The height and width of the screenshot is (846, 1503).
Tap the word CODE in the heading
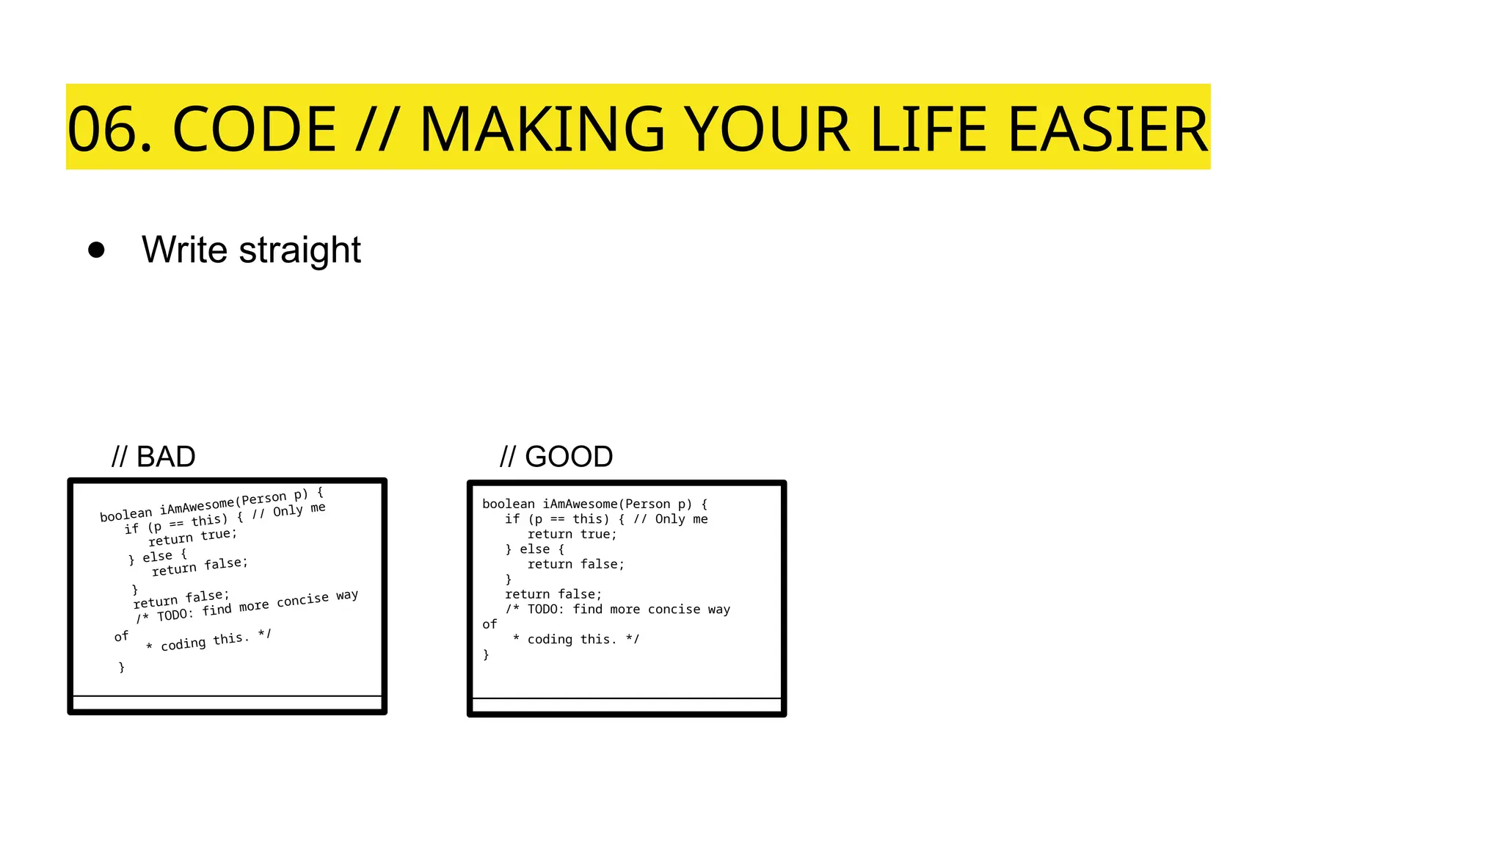coord(254,129)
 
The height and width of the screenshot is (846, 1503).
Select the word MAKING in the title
coord(542,129)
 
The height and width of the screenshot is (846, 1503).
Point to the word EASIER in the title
coord(1108,129)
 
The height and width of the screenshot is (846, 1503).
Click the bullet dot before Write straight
coord(96,250)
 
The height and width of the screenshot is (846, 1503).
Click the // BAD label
coord(153,457)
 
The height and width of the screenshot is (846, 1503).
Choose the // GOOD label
coord(556,457)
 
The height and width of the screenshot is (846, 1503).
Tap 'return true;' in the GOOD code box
coord(572,534)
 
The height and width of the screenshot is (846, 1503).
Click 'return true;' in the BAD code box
coord(193,536)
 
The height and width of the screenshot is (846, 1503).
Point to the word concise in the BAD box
coord(302,600)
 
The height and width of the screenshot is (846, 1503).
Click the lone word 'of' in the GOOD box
coord(490,624)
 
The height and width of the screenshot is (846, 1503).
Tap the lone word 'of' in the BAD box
coord(121,636)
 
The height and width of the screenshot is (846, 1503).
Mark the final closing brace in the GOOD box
coord(486,654)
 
